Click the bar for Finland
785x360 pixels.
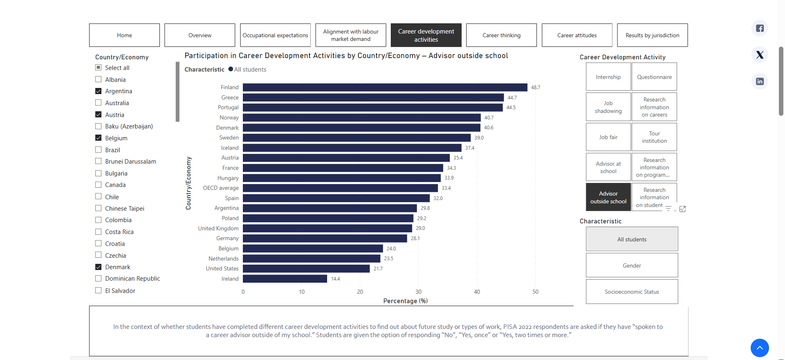click(385, 88)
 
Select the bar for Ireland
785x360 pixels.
click(285, 279)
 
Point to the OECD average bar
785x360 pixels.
click(340, 188)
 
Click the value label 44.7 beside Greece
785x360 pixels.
click(512, 98)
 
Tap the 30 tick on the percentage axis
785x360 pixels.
click(418, 292)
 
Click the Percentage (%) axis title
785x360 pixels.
click(405, 301)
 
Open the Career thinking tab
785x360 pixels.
click(501, 36)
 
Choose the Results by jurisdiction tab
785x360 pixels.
click(652, 36)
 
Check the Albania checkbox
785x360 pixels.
click(99, 79)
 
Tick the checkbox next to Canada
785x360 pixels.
click(99, 185)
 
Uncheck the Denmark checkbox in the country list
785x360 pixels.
click(99, 267)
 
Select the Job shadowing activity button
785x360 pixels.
click(608, 107)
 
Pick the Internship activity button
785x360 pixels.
click(608, 77)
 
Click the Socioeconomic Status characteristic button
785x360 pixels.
click(632, 292)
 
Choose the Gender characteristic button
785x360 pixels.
click(632, 265)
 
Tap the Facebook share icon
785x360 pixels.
click(760, 28)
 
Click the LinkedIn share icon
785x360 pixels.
click(760, 81)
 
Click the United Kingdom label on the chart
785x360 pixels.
click(218, 228)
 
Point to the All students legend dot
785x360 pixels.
click(231, 69)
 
